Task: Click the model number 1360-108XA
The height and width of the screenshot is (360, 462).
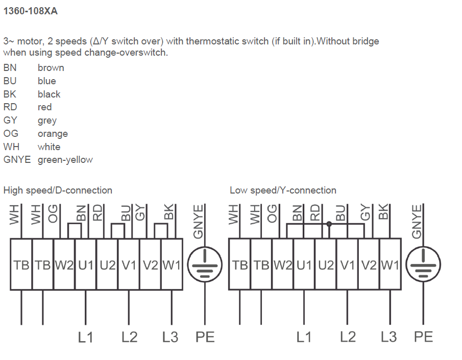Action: click(x=30, y=11)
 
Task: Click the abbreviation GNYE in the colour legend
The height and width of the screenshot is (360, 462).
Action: click(x=17, y=160)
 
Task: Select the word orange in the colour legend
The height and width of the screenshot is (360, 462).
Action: click(x=53, y=134)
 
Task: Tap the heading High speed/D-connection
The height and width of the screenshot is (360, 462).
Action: click(x=58, y=190)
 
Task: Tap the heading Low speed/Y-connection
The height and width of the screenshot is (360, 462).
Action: click(x=283, y=190)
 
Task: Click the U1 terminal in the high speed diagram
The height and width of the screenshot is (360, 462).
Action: click(x=86, y=265)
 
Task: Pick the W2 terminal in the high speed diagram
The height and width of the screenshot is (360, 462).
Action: click(x=64, y=265)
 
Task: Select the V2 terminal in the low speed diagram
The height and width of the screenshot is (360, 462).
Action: click(x=369, y=265)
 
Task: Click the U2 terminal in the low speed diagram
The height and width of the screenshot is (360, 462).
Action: click(x=326, y=265)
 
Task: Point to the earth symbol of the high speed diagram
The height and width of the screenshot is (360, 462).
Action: click(x=205, y=265)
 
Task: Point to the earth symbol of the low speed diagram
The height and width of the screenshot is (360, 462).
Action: click(x=423, y=265)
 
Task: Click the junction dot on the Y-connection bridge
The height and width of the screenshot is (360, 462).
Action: click(x=329, y=224)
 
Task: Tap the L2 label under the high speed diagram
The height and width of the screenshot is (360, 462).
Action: click(x=129, y=337)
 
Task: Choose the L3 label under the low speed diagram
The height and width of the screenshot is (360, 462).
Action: click(x=388, y=337)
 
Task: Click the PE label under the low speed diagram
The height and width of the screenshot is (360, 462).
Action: click(x=423, y=337)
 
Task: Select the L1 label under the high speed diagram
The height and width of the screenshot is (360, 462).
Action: click(x=85, y=337)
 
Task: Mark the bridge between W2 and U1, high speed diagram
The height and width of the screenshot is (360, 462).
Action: click(x=75, y=224)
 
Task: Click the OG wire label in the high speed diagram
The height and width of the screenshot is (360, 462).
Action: click(x=53, y=214)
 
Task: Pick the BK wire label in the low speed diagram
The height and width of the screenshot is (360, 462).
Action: click(x=383, y=212)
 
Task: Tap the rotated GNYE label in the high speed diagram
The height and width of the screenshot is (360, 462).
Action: click(x=198, y=222)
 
